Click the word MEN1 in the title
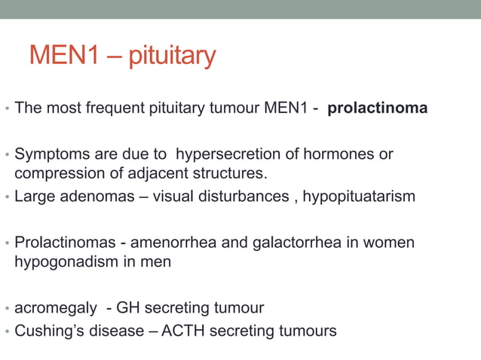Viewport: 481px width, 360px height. click(64, 55)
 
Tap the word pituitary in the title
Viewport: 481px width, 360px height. click(172, 56)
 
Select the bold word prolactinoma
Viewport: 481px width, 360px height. click(378, 108)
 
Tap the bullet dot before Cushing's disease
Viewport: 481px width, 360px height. click(7, 332)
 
